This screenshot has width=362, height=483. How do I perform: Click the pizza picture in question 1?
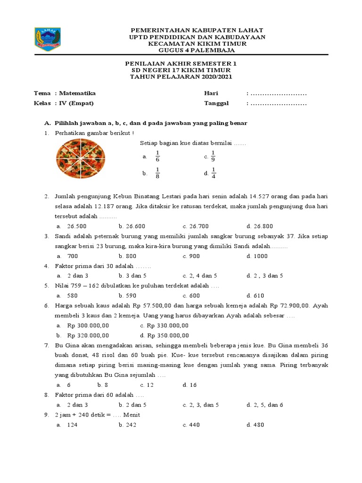click(x=81, y=157)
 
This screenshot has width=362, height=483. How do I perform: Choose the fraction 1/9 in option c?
click(x=213, y=156)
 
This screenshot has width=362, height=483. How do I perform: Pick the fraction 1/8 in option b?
click(x=158, y=174)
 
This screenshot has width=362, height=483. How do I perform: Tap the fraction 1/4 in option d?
click(x=213, y=173)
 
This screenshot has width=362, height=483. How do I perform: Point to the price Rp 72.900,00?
click(x=290, y=306)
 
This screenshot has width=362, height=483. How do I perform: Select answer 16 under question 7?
click(x=193, y=385)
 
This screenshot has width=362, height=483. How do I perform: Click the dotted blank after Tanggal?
click(x=278, y=103)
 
